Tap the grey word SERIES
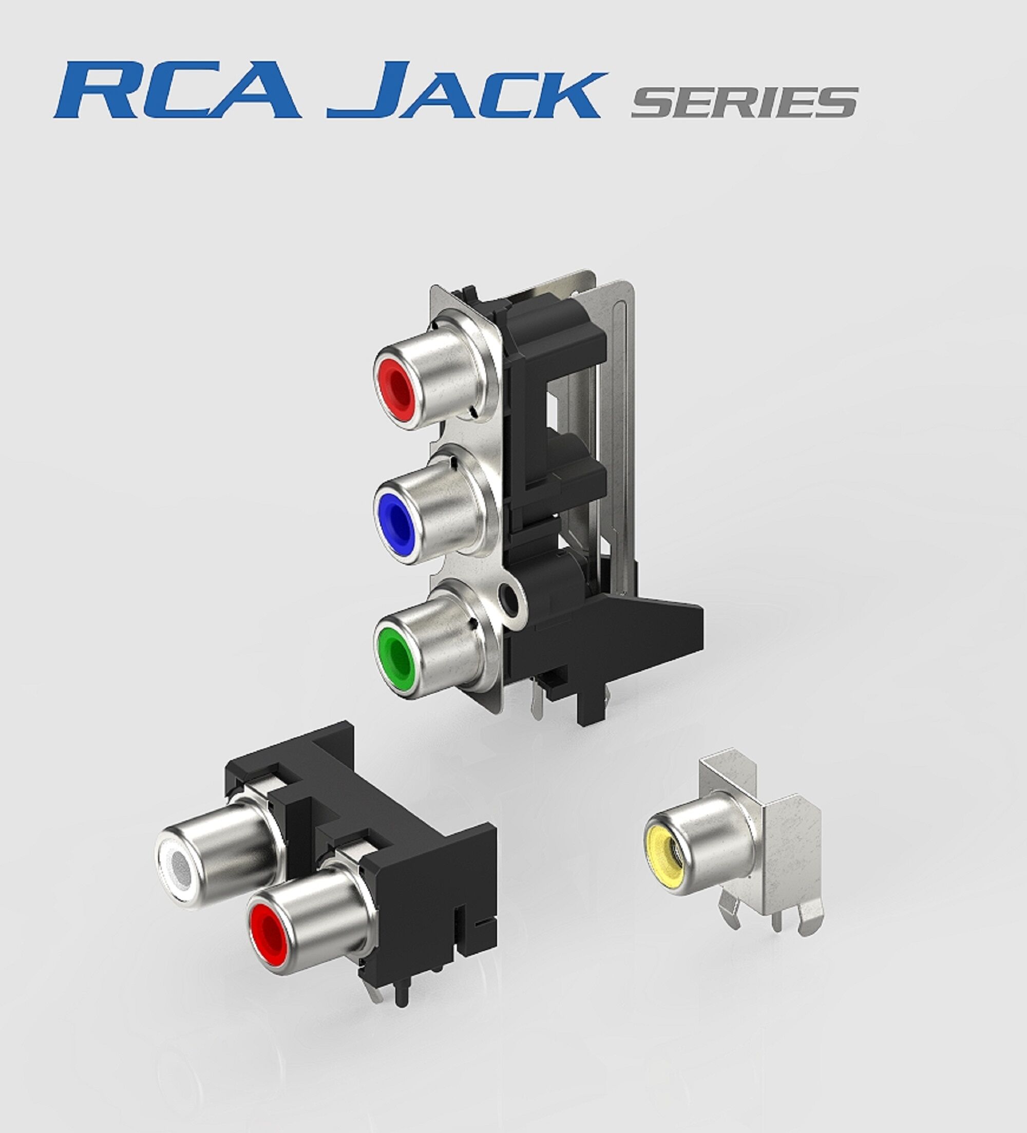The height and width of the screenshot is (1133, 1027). (x=745, y=102)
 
